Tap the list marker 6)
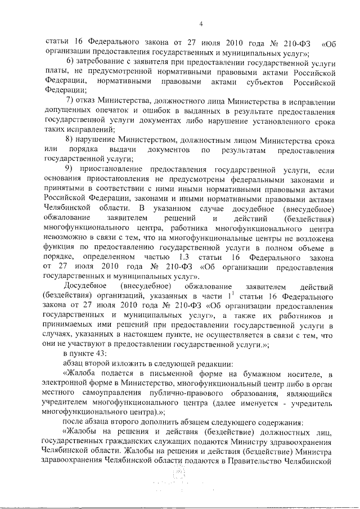point(70,61)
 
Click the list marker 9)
point(70,170)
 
